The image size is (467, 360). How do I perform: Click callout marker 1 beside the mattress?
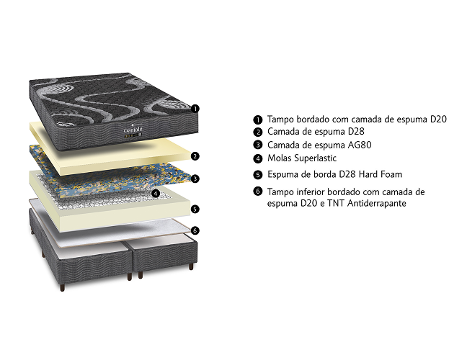pyautogui.click(x=195, y=109)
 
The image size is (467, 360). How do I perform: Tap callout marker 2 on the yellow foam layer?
pyautogui.click(x=195, y=156)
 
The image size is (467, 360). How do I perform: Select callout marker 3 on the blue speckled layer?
pyautogui.click(x=195, y=179)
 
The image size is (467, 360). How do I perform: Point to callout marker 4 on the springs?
pyautogui.click(x=156, y=194)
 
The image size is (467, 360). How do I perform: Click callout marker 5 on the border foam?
pyautogui.click(x=195, y=209)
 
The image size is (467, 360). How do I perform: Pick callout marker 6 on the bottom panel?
pyautogui.click(x=195, y=230)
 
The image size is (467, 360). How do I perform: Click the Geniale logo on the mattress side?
pyautogui.click(x=133, y=130)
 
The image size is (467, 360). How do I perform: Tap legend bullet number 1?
pyautogui.click(x=257, y=120)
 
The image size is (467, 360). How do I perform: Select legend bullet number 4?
pyautogui.click(x=257, y=158)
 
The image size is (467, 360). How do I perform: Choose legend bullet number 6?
pyautogui.click(x=257, y=191)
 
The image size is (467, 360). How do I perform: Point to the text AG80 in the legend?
pyautogui.click(x=360, y=145)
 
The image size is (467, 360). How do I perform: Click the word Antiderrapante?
pyautogui.click(x=377, y=203)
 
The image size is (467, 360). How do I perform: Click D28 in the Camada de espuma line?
pyautogui.click(x=356, y=131)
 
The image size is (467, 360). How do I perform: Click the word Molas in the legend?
pyautogui.click(x=279, y=158)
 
